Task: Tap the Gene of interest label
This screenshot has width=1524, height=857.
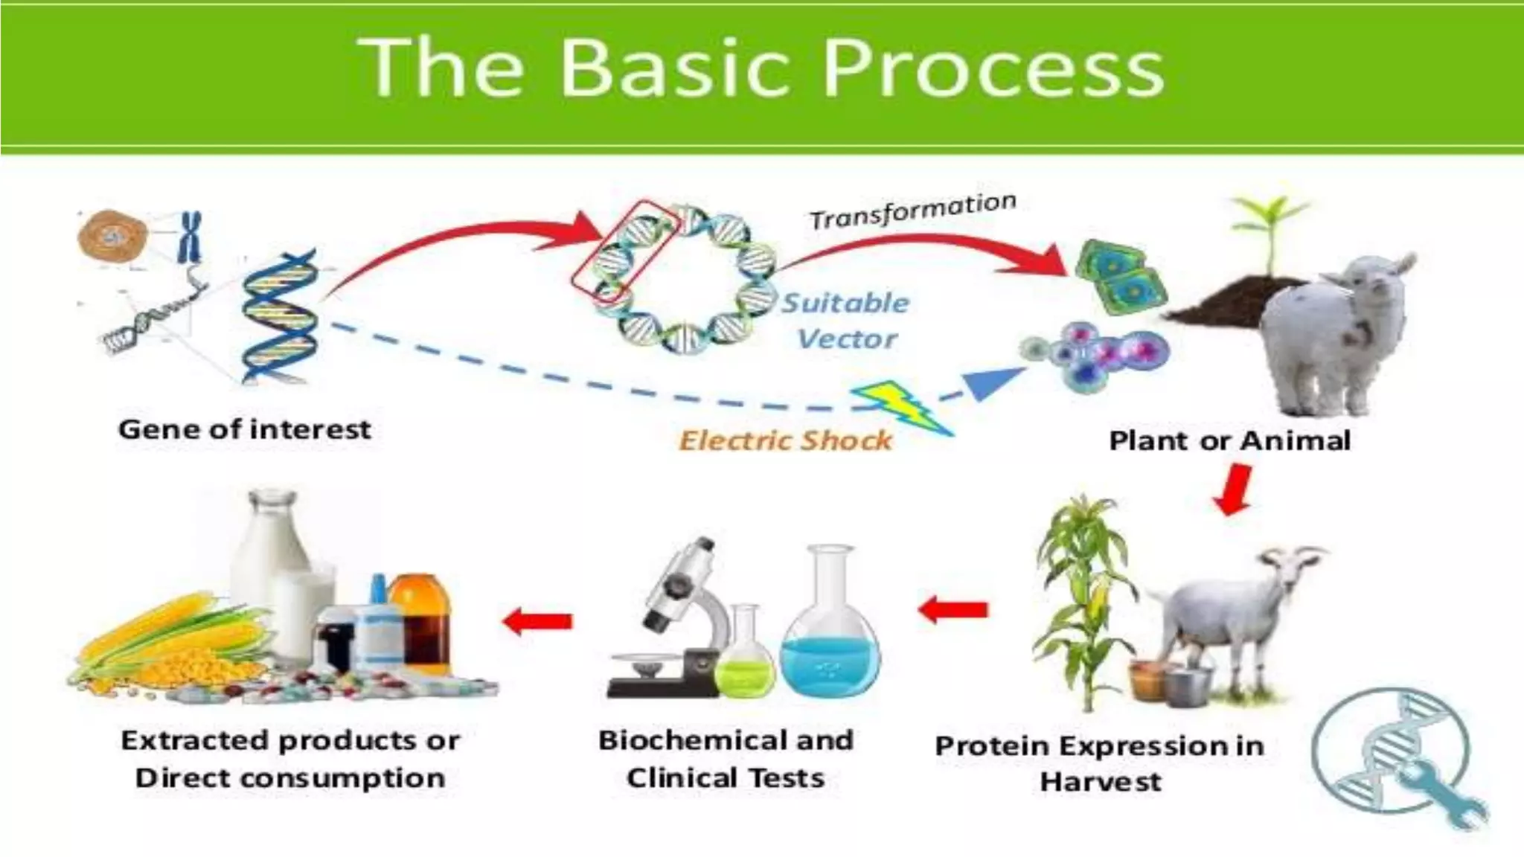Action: point(244,429)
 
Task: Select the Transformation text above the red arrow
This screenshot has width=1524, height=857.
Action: point(912,211)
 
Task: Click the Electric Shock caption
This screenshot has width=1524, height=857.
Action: point(785,440)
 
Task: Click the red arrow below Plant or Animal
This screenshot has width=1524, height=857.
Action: point(1234,489)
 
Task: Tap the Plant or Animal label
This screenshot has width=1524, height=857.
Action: point(1229,440)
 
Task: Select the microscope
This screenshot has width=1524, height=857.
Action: point(673,617)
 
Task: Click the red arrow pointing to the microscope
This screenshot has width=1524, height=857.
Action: point(954,610)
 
